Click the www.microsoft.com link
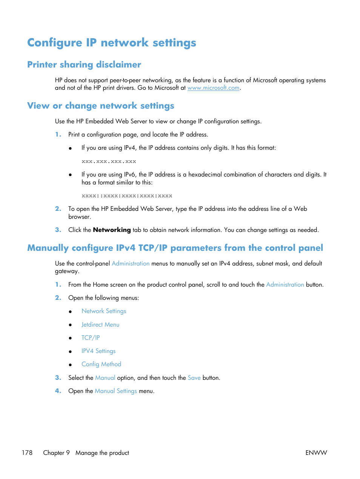pos(213,88)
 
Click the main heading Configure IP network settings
pos(112,43)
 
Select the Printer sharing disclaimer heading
pos(84,64)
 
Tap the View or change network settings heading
pos(101,106)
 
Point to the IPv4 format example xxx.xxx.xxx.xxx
pos(109,161)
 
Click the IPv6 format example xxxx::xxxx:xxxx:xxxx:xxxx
pos(127,196)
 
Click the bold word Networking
pos(112,230)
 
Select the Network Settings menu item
pos(104,311)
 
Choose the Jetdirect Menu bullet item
pos(100,325)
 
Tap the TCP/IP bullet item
pos(91,338)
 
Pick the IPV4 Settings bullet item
pos(98,351)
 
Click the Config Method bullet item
pos(101,364)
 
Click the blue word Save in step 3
pos(194,378)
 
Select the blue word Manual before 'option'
pos(105,378)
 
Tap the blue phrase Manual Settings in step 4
pos(116,391)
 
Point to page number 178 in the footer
pos(27,453)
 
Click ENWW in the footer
pos(316,453)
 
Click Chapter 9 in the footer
pos(56,453)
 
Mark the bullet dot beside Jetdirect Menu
pos(70,325)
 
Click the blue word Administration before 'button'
pos(285,285)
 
